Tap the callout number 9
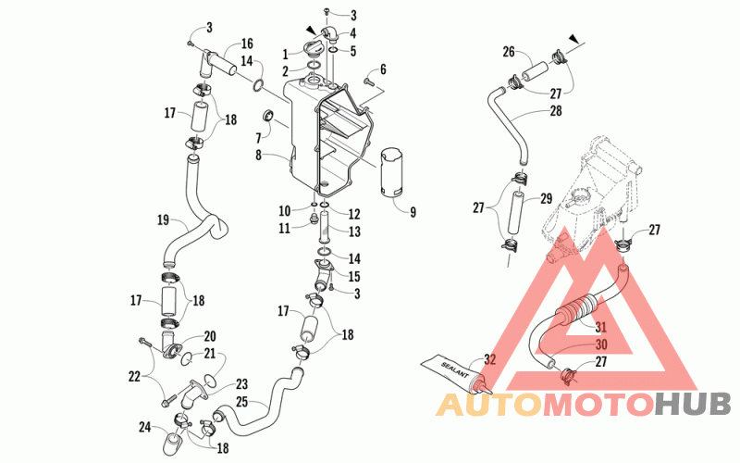click(413, 213)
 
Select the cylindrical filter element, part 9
click(391, 172)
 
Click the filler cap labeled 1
click(313, 49)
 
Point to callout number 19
click(164, 220)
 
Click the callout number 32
click(490, 359)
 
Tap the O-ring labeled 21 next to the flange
click(186, 358)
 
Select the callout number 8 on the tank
click(259, 155)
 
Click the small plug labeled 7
click(268, 115)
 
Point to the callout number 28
click(556, 110)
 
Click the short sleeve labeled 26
click(533, 70)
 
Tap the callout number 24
click(144, 427)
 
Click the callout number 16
click(247, 44)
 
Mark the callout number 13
click(354, 231)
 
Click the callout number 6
click(383, 69)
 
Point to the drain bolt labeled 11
click(312, 219)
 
